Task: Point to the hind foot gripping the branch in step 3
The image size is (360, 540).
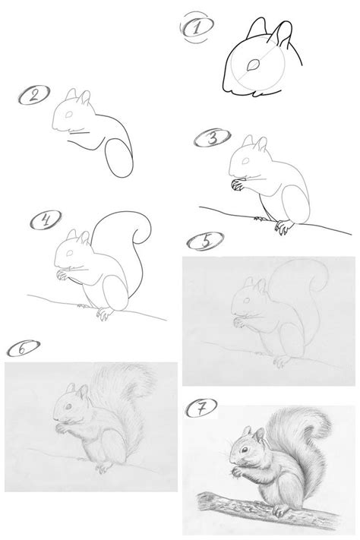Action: click(x=283, y=226)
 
